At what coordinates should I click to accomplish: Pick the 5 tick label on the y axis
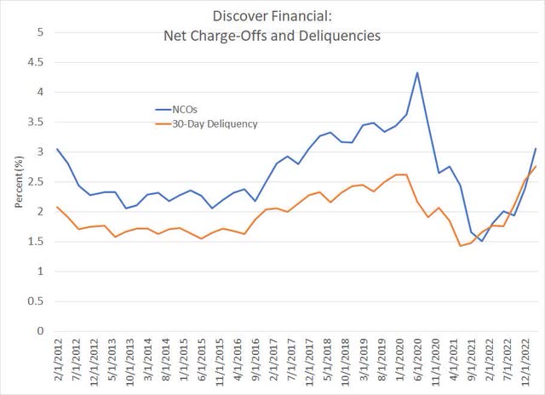(x=37, y=32)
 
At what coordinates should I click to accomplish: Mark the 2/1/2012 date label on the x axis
(x=57, y=362)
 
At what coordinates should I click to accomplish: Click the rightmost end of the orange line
(x=535, y=166)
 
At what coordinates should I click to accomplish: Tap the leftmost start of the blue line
(x=56, y=149)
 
